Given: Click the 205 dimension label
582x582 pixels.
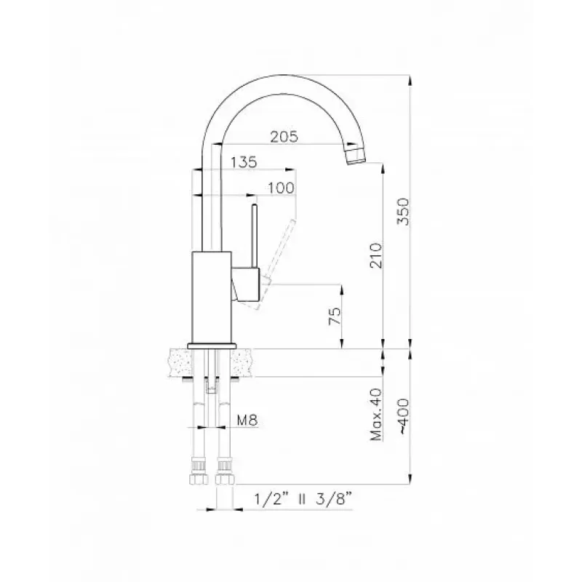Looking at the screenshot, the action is (284, 137).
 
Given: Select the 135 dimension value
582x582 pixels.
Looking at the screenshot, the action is (244, 162).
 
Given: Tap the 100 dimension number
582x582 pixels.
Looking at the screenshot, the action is (281, 188).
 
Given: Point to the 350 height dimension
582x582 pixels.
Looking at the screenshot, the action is (403, 212).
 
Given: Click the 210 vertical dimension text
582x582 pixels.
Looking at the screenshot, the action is (375, 255).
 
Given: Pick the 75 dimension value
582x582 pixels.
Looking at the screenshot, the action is (335, 316).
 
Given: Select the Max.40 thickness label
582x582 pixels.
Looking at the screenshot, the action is (375, 414).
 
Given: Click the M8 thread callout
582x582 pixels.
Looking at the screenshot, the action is (247, 420).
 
